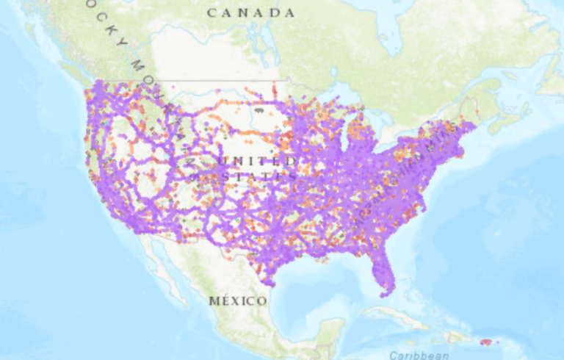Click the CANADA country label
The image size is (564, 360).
click(250, 12)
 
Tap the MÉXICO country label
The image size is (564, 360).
click(238, 301)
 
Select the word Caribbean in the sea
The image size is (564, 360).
click(419, 354)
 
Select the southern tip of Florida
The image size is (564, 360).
click(387, 292)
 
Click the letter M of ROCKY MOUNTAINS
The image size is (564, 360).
click(137, 67)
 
